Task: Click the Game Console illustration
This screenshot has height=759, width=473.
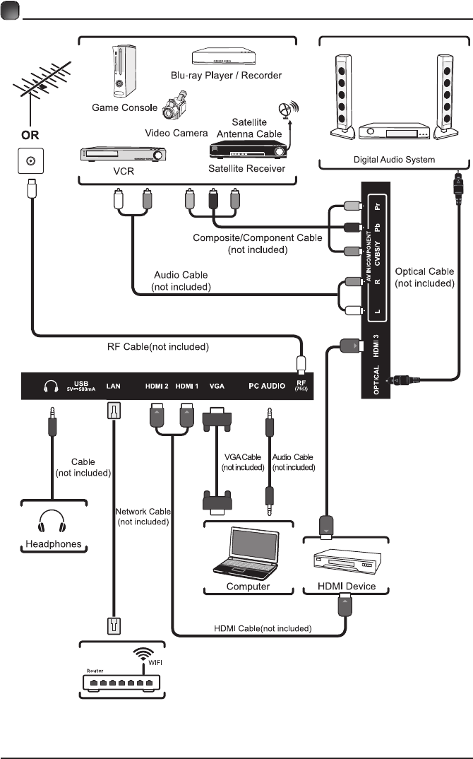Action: coord(121,73)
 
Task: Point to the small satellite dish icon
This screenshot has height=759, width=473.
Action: coord(286,112)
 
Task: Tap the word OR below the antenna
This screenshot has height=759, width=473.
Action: coord(29,134)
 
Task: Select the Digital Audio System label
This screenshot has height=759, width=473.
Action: coord(395,160)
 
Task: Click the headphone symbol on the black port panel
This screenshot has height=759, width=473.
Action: coord(50,387)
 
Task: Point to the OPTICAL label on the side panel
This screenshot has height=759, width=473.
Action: coord(377,382)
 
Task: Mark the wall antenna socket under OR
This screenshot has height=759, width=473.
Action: coord(30,162)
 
